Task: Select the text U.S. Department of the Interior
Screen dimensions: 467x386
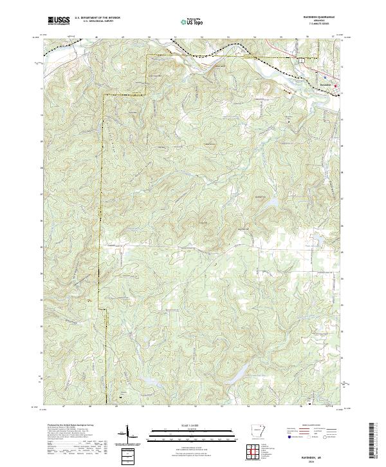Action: [97, 19]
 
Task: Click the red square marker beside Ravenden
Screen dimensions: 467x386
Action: [335, 86]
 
